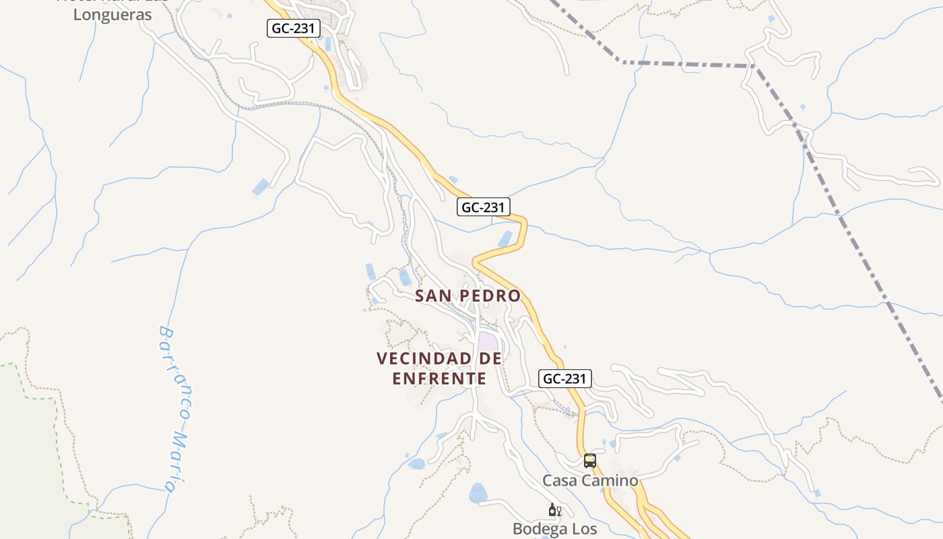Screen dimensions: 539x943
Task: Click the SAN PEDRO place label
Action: [467, 296]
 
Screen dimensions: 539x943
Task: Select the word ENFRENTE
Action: [439, 379]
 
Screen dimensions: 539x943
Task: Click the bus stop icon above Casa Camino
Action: [590, 461]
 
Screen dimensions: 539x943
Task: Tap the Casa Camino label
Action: [590, 480]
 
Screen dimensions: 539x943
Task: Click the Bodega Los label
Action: [554, 529]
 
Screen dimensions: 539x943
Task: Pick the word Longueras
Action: [112, 15]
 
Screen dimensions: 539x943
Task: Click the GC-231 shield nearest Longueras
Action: [293, 28]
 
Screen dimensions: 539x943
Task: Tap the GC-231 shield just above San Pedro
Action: [483, 207]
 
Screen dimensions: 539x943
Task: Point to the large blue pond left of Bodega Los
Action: [479, 493]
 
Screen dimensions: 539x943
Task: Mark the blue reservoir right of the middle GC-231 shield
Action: [505, 239]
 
